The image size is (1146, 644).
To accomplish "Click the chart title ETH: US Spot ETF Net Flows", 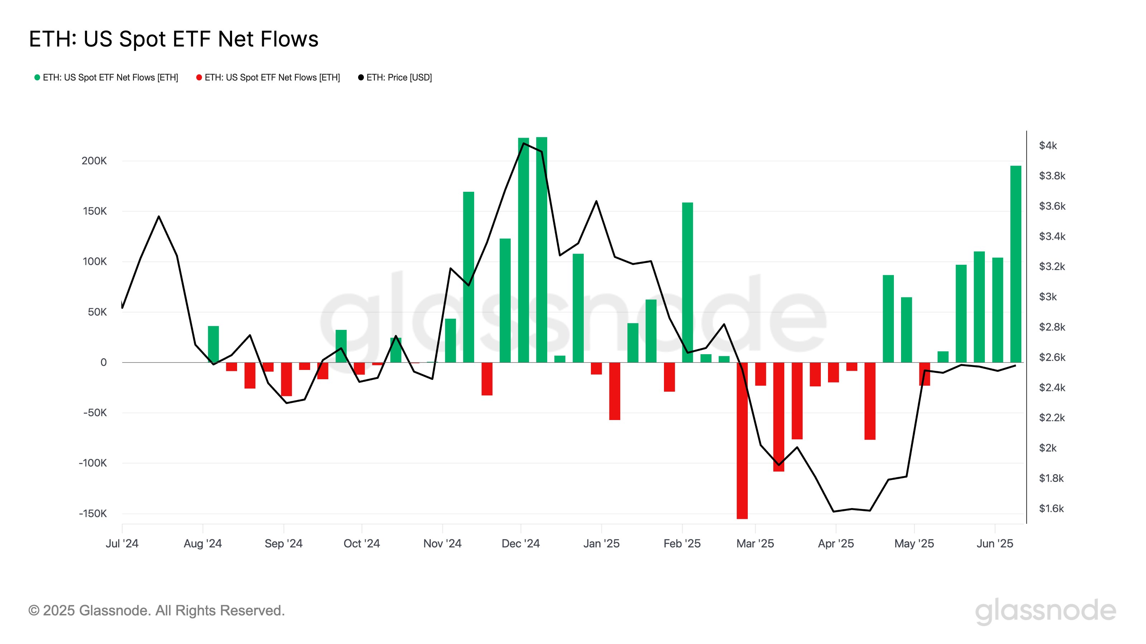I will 173,39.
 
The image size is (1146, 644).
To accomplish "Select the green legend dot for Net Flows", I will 37,77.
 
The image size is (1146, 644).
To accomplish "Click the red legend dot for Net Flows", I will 199,77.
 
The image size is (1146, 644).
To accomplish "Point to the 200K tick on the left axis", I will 94,161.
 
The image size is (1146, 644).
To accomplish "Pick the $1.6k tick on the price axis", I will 1051,508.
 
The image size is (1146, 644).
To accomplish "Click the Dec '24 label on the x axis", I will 520,543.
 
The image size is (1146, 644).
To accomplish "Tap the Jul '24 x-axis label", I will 122,543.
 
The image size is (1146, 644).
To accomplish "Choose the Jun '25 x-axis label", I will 995,543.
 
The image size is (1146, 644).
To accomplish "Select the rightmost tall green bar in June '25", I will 1016,264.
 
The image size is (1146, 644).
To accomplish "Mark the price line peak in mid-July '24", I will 159,217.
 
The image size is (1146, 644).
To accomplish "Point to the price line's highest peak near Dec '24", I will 524,143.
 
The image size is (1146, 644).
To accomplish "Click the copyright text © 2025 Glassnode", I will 156,611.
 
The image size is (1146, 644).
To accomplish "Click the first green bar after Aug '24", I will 213,345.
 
